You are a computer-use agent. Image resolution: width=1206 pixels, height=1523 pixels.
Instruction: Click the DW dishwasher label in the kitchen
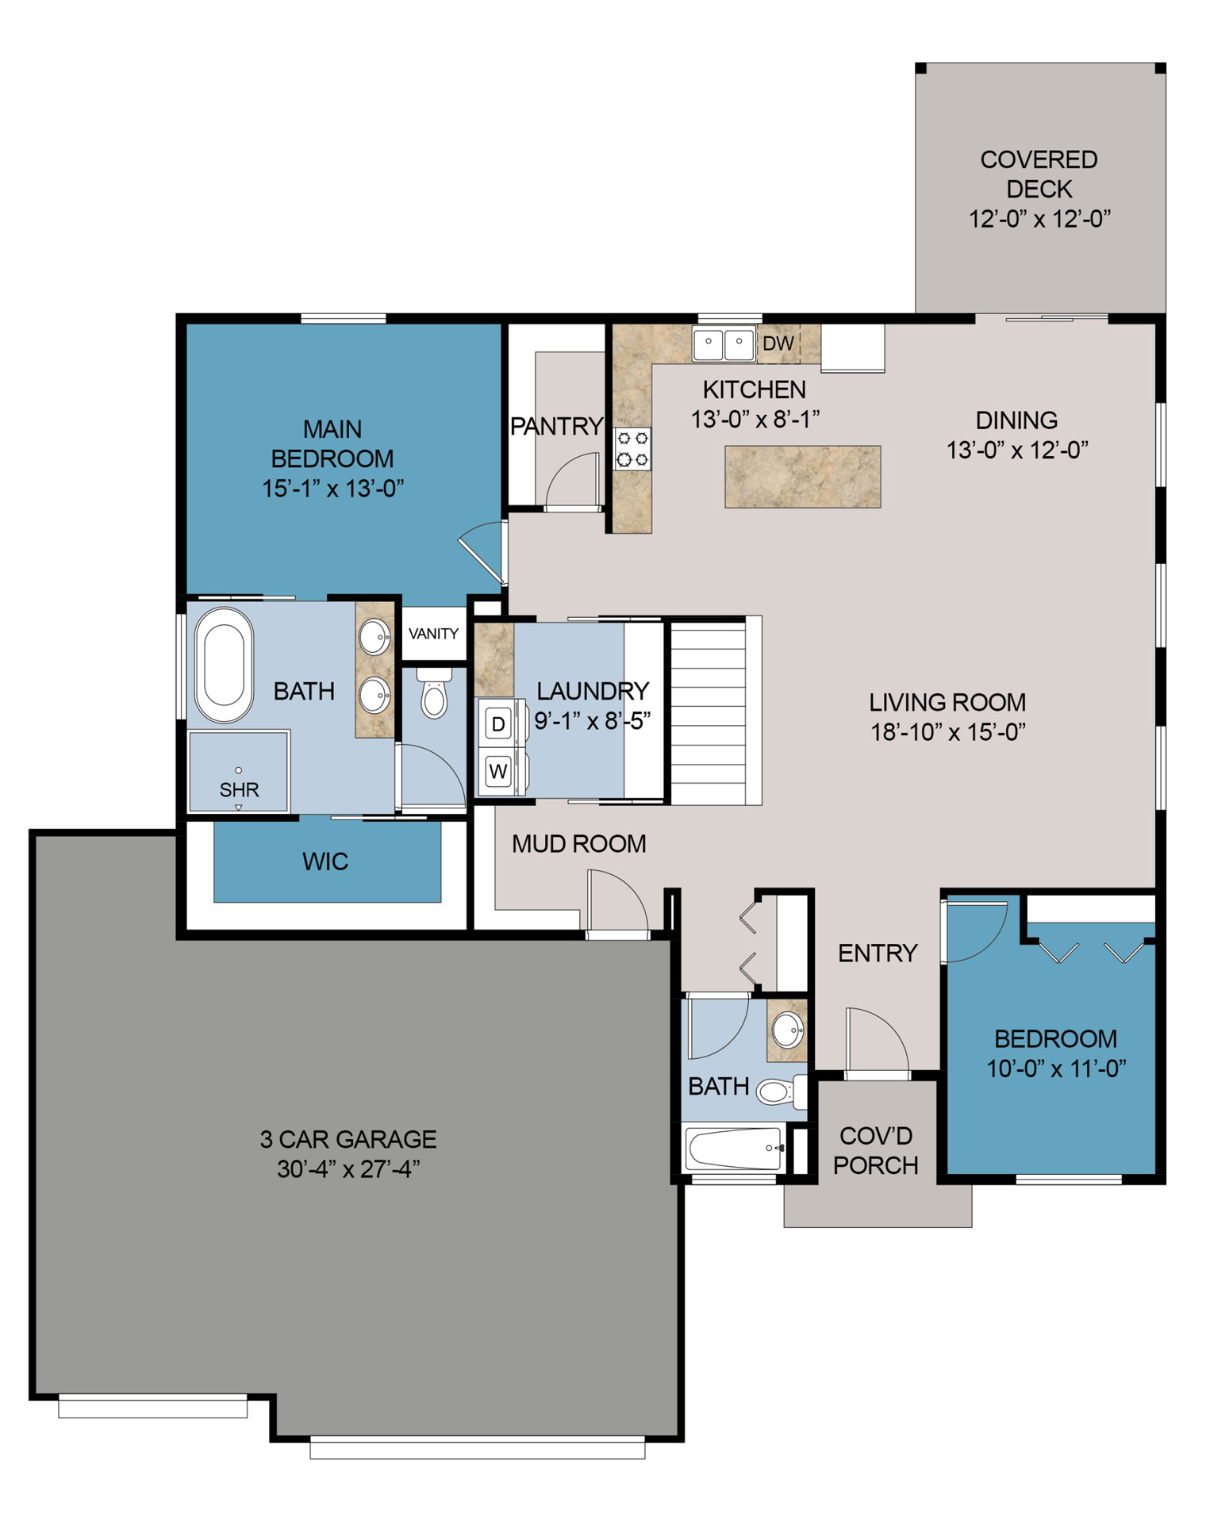coord(778,343)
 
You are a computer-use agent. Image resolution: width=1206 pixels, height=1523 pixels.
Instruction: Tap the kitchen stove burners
coord(632,448)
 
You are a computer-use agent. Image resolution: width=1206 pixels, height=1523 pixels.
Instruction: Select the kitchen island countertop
coord(802,477)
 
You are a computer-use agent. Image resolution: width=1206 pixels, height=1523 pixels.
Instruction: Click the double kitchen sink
coord(724,343)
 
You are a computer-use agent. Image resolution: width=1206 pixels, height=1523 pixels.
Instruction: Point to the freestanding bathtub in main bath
coord(224,665)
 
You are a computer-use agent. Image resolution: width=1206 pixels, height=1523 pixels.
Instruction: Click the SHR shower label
coord(239,789)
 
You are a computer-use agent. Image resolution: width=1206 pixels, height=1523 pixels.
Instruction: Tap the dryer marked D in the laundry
coord(498,723)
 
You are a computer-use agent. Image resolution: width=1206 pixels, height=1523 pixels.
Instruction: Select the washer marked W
coord(498,770)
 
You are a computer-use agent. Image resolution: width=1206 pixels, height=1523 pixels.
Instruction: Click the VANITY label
coord(433,634)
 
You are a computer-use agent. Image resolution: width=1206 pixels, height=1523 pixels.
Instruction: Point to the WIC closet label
coord(325,861)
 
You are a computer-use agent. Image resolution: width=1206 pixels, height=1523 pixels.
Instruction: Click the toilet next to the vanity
coord(433,695)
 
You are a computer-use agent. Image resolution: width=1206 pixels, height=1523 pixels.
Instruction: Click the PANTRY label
coord(556,427)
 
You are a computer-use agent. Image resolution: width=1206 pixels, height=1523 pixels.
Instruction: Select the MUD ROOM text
coord(578,844)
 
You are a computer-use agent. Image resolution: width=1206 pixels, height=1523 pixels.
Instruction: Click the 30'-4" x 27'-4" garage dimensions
coord(348,1169)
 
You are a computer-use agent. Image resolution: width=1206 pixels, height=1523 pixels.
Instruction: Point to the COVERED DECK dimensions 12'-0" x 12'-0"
coord(1039,218)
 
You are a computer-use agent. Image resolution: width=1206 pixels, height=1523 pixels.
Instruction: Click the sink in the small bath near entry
coord(788,1030)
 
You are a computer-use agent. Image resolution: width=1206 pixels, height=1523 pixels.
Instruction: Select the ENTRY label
coord(878,953)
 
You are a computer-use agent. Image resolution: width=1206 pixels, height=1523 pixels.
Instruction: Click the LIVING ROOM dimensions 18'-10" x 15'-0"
coord(948,731)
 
